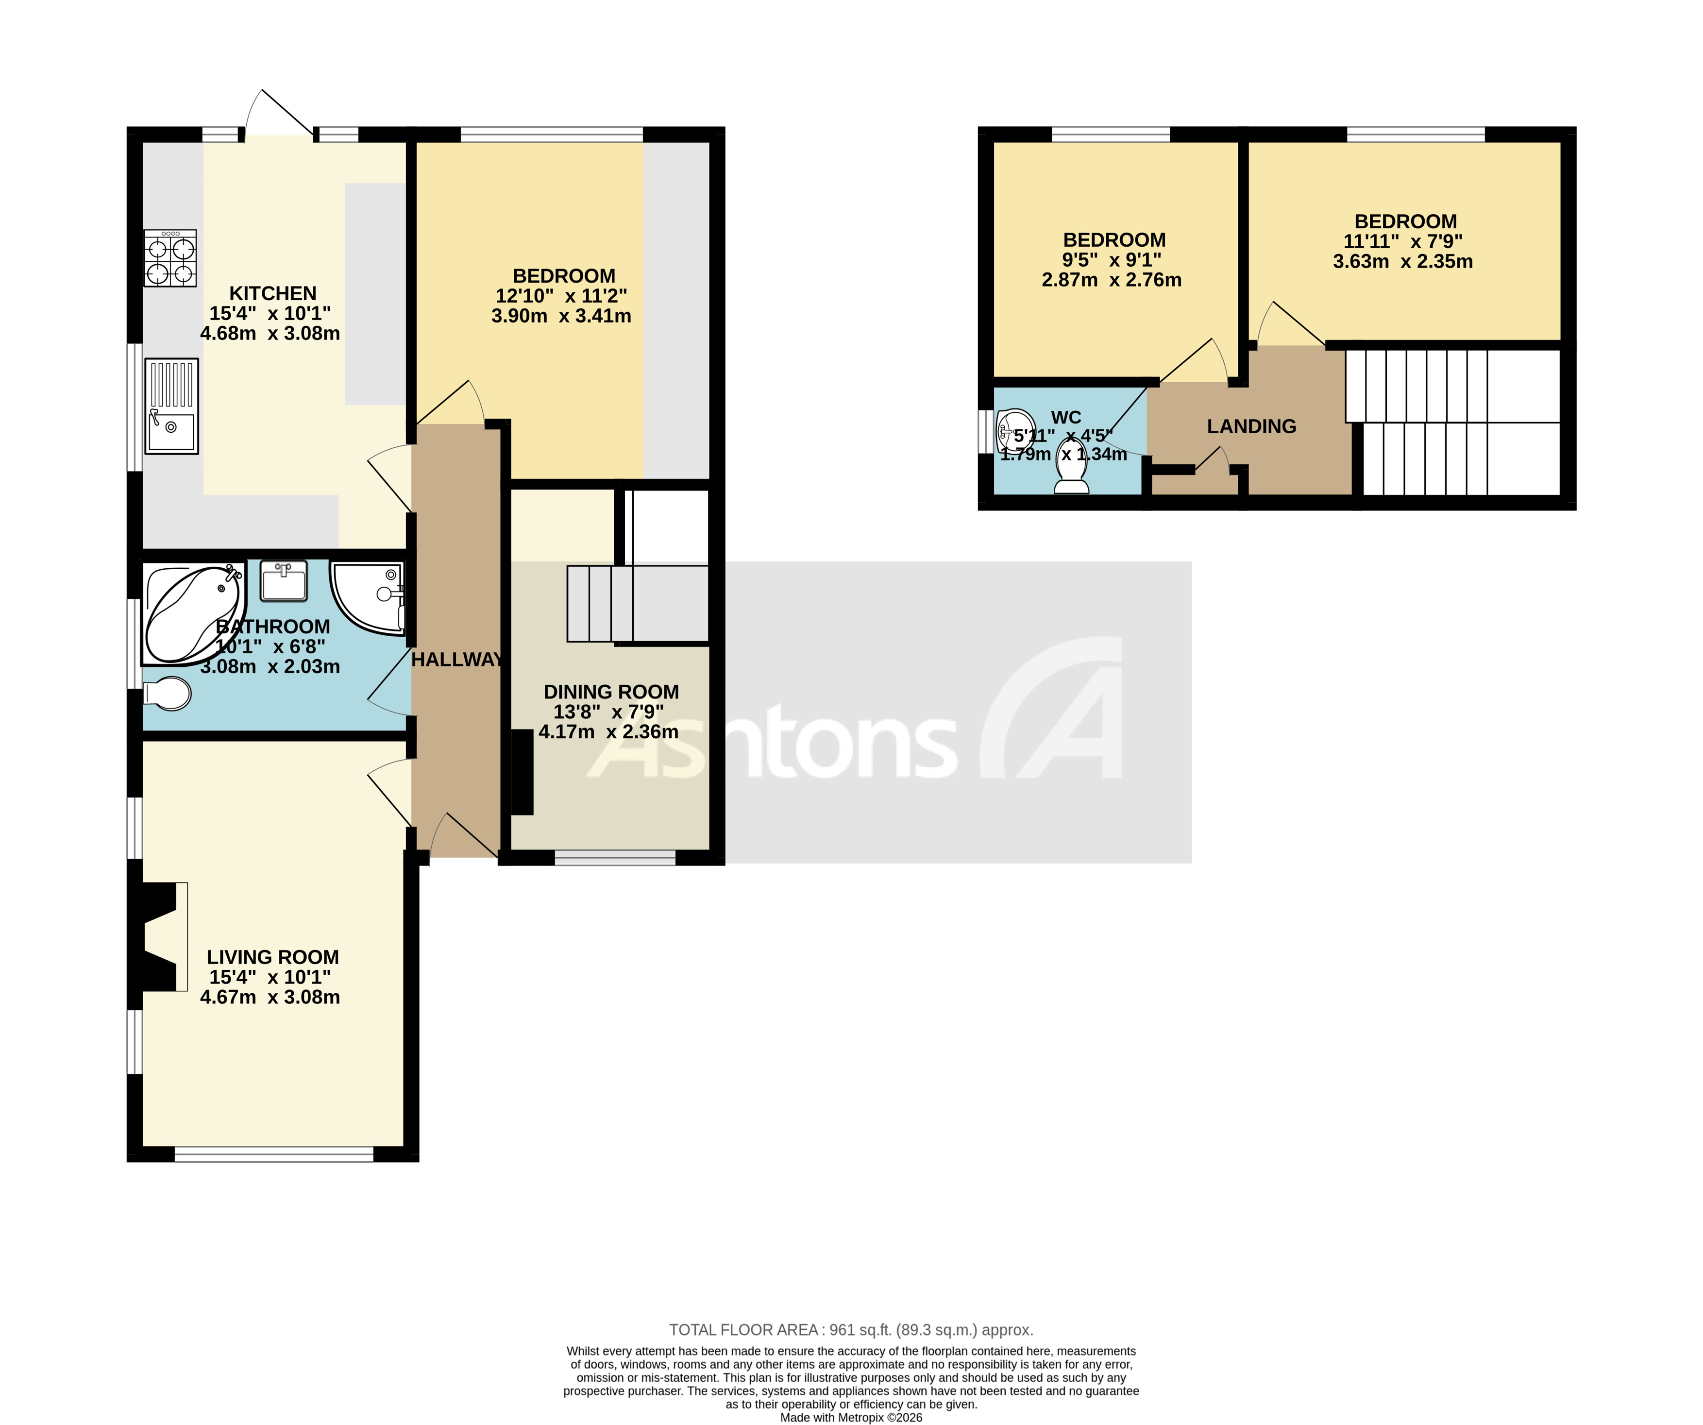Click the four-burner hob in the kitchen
170,258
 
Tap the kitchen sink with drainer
171,406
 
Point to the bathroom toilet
168,694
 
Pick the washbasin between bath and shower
284,581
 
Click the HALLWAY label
456,660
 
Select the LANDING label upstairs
1251,426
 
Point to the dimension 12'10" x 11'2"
561,296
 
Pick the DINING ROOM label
611,692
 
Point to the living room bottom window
274,1154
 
